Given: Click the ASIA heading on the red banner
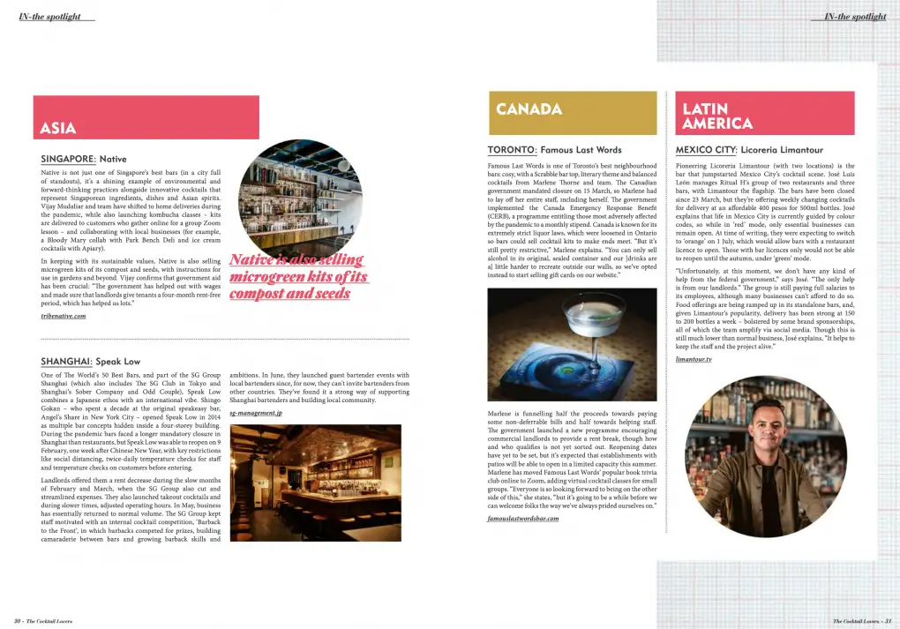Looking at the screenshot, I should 58,129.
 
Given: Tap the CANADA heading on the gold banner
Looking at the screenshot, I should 529,109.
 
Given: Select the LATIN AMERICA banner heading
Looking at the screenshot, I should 717,116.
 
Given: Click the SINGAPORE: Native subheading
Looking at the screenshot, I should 84,159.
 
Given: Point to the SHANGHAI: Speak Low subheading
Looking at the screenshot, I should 90,362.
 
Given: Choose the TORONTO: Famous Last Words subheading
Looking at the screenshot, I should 554,150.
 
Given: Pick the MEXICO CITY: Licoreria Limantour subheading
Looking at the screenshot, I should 748,150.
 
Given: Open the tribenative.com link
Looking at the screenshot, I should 64,315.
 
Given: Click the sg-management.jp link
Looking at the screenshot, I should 256,413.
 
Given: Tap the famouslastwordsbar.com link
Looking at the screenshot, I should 522,519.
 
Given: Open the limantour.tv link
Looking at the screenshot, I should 694,360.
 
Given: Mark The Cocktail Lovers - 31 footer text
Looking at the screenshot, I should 861,621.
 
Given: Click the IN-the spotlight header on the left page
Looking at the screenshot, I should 49,16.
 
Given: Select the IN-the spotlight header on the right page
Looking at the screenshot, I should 855,16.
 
